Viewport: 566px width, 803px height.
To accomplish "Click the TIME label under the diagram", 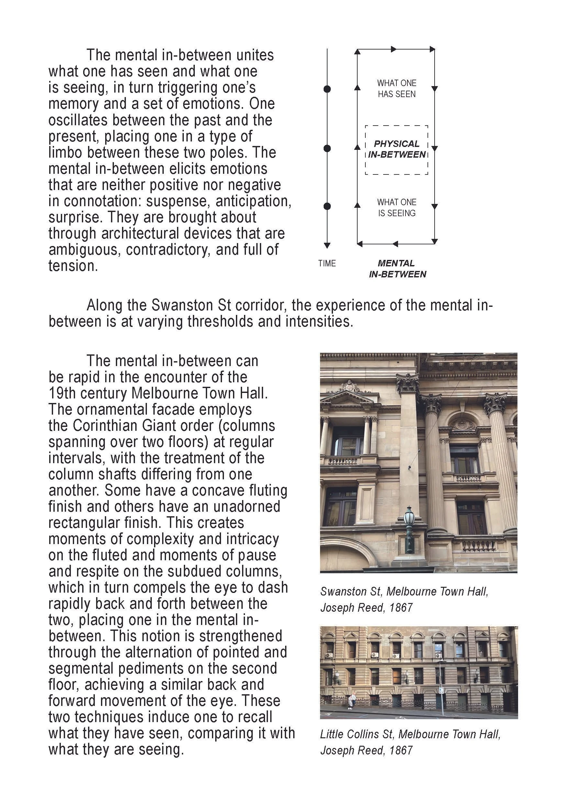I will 327,263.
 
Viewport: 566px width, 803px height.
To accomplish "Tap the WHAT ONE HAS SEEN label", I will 396,88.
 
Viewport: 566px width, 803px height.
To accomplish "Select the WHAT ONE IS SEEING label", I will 396,207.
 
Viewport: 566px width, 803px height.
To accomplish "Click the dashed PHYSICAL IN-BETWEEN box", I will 396,150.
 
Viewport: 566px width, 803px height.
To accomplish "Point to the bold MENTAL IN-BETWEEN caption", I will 397,269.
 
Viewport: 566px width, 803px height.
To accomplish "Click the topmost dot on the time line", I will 327,89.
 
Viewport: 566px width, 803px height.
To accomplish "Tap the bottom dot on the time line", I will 327,206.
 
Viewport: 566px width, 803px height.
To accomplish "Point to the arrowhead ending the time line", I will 327,246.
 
